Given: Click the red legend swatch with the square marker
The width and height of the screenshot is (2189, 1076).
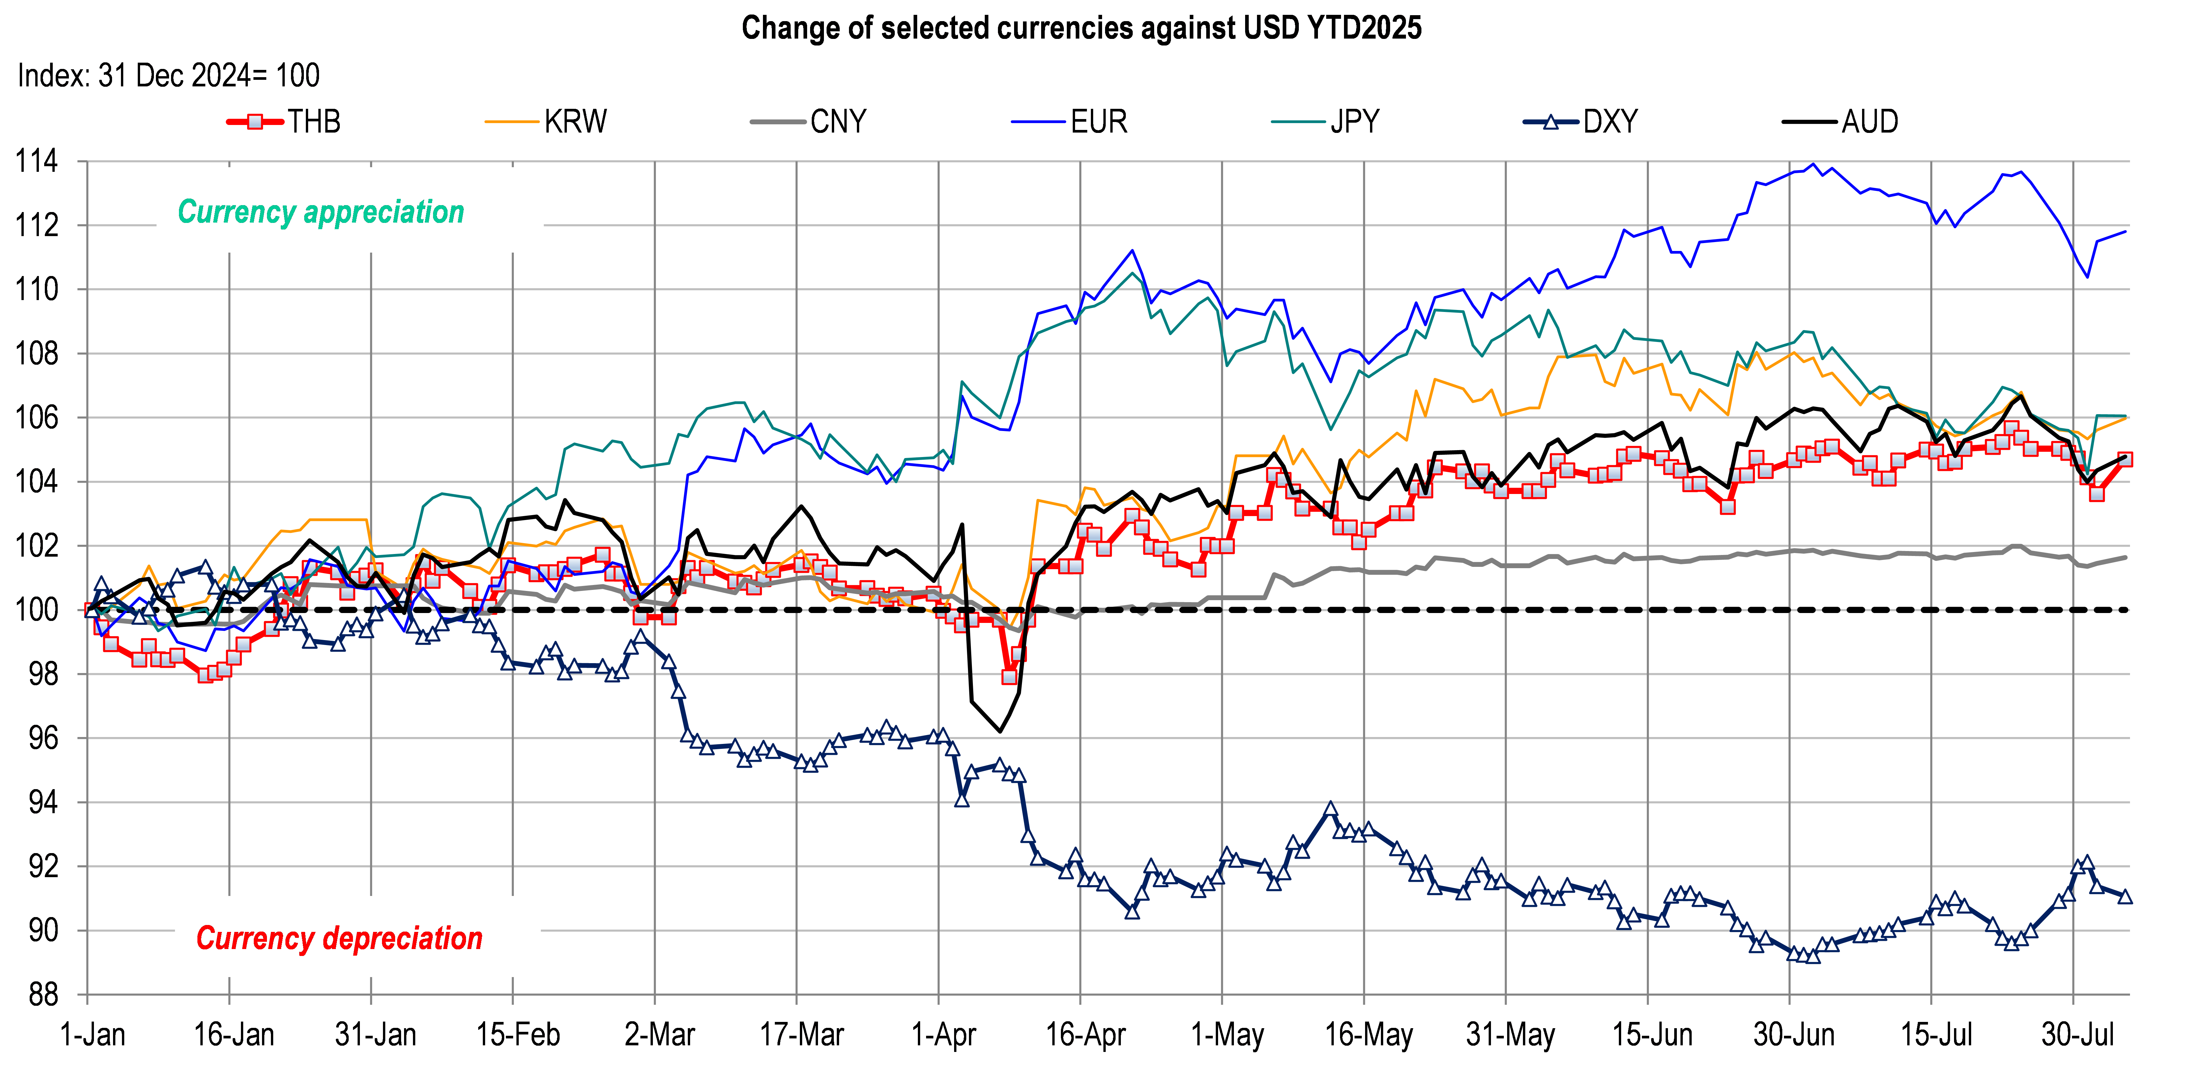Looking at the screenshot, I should [255, 122].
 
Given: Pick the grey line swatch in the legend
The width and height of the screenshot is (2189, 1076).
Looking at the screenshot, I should [777, 122].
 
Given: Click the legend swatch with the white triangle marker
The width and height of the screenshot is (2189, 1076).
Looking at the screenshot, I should [1551, 122].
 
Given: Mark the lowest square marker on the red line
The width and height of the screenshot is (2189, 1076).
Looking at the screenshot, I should [1009, 677].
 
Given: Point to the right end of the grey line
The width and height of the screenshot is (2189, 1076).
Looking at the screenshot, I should [2126, 558].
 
